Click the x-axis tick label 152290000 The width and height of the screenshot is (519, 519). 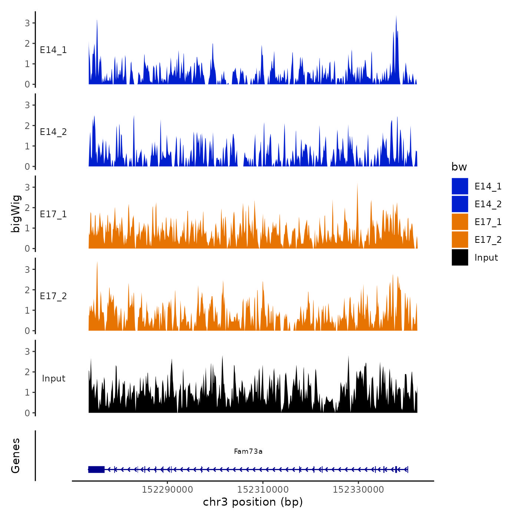click(x=168, y=489)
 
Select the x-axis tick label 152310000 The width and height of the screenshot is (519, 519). click(x=263, y=489)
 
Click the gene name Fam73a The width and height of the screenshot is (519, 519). click(x=248, y=451)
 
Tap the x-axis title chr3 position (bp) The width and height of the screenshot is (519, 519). click(x=253, y=502)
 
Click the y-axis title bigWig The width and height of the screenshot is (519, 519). click(x=16, y=214)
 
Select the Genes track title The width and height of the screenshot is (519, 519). click(x=16, y=456)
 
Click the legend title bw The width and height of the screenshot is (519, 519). click(x=459, y=167)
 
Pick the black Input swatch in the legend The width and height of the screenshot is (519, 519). click(x=460, y=257)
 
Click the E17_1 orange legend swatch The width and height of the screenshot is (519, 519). click(x=460, y=222)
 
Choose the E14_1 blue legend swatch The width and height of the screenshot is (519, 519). click(x=460, y=186)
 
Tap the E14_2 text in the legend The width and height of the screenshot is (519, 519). click(x=488, y=204)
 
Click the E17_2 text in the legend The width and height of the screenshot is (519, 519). click(x=488, y=240)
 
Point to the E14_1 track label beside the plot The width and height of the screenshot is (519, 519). click(x=53, y=50)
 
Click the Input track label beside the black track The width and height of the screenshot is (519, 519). click(x=53, y=378)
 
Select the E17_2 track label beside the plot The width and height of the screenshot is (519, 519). click(x=53, y=296)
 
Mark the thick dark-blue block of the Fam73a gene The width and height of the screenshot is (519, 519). click(x=96, y=469)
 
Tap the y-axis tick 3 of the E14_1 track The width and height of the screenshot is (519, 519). click(x=27, y=23)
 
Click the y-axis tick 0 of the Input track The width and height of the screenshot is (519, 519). click(x=27, y=413)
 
